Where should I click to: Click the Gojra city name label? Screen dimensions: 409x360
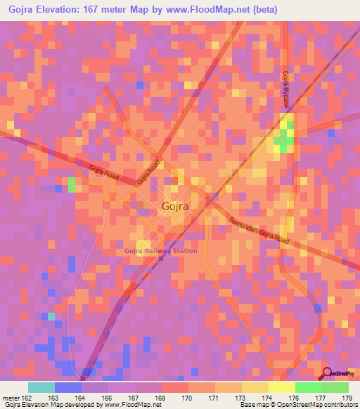click(174, 207)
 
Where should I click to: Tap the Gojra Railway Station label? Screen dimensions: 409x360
click(160, 251)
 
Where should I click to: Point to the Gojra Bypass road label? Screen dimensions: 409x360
click(286, 87)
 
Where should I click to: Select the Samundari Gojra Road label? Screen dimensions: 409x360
click(259, 231)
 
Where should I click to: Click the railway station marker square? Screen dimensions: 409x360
click(161, 258)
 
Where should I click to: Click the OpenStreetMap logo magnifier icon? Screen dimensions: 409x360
click(326, 374)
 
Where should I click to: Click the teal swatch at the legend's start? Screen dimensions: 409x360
click(41, 387)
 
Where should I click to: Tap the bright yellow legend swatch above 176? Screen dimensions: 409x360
click(281, 387)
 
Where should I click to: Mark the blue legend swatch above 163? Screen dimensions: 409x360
click(67, 387)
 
